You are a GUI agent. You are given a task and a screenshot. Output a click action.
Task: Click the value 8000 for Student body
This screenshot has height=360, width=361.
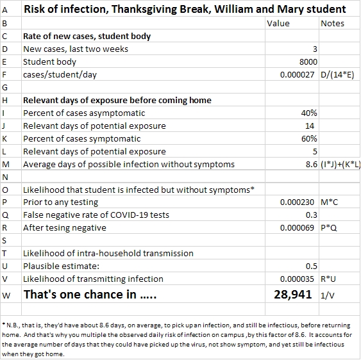pos(308,62)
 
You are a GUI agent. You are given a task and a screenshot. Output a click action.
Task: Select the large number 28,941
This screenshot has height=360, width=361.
pos(293,295)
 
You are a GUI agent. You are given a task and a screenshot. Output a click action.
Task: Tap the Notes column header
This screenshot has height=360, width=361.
pos(332,24)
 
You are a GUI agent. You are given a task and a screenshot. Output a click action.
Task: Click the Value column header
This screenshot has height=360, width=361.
pos(278,24)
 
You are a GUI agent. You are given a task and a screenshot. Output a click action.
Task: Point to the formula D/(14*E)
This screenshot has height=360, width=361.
pos(337,75)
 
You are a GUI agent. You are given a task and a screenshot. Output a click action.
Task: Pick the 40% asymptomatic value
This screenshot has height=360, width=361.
pos(309,113)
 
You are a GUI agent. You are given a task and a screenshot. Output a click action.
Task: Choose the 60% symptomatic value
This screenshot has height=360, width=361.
pos(309,139)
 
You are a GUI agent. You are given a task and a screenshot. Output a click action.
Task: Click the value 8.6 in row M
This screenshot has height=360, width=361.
pos(312,165)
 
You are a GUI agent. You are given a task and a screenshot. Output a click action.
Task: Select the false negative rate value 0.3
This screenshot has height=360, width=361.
pos(312,215)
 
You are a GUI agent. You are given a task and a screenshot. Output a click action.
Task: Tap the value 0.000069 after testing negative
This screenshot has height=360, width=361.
pos(297,228)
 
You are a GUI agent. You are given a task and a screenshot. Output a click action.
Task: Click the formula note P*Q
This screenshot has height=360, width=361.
pos(329,228)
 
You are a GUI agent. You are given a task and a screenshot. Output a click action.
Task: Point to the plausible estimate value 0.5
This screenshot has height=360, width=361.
pos(312,266)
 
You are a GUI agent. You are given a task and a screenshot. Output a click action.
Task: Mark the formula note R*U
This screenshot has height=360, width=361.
pos(328,279)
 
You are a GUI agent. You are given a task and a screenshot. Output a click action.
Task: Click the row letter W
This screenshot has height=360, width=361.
pos(6,295)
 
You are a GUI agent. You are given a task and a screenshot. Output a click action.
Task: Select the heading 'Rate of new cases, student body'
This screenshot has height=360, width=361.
pos(87,37)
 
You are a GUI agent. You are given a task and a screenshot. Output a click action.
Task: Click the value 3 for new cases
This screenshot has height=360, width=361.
pos(315,49)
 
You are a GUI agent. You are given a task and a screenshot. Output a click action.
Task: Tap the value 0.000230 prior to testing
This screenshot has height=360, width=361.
pos(297,202)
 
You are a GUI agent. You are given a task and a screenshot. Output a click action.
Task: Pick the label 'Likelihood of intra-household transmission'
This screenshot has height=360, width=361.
pos(108,253)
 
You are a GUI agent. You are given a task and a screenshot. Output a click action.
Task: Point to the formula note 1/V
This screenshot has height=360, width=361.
pos(328,295)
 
